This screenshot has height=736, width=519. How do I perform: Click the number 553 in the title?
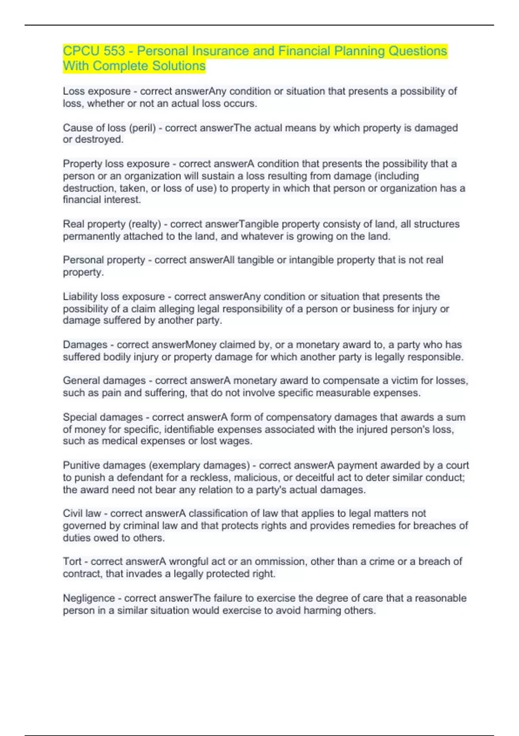[x=114, y=51]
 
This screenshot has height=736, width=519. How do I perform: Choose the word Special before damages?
[x=80, y=417]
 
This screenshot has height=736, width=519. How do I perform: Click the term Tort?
[x=72, y=562]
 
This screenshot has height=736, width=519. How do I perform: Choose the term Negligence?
[x=89, y=598]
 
